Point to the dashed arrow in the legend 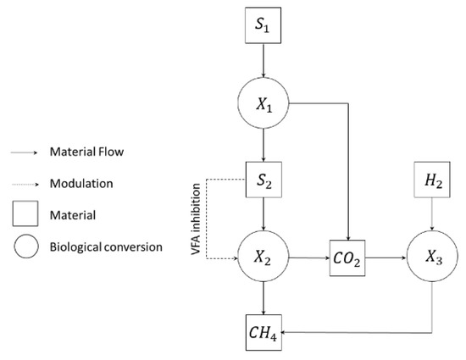29,182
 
